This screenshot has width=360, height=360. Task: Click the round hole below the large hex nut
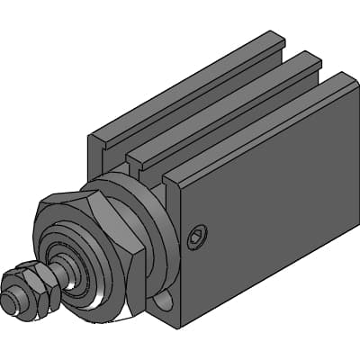point(164,302)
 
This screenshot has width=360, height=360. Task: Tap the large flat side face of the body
point(270,225)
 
